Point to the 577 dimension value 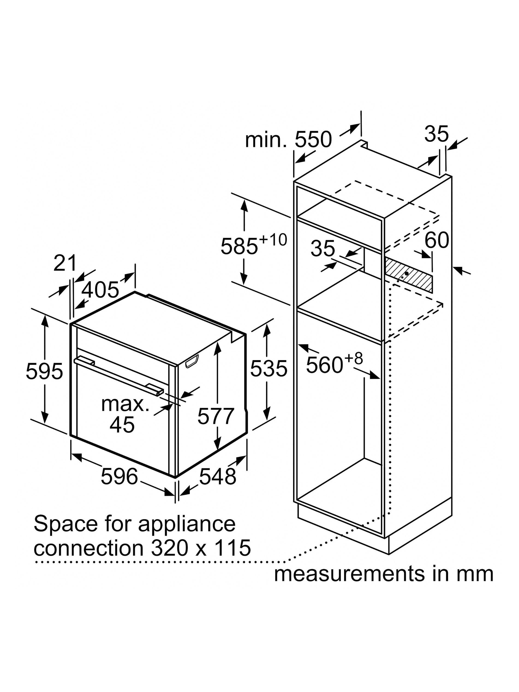click(x=216, y=415)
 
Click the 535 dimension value click(x=268, y=368)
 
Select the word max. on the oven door click(x=125, y=404)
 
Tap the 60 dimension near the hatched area click(x=436, y=240)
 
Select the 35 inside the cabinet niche click(x=322, y=249)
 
